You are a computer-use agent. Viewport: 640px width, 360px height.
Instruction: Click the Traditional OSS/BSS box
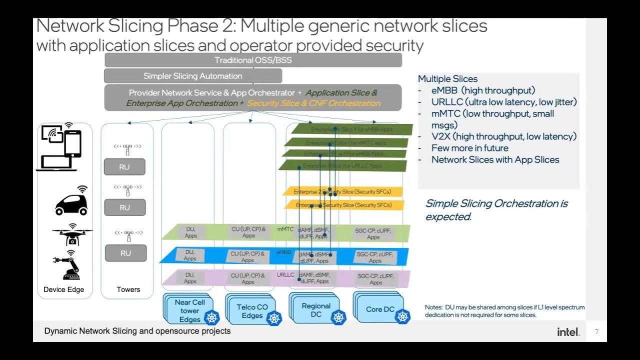253,60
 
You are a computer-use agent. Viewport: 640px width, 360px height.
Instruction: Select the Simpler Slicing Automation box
193,76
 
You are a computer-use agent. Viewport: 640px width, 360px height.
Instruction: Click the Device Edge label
64,289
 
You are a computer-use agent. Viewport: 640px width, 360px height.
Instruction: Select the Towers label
128,289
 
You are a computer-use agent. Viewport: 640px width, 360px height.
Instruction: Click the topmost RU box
124,167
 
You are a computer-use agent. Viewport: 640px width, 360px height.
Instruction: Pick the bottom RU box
125,253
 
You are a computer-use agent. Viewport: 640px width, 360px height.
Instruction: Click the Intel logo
568,332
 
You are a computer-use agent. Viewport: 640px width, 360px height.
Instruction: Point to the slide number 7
596,331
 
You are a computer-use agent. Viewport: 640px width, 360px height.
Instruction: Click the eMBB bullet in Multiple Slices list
483,90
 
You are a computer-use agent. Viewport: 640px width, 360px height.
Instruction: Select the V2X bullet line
503,136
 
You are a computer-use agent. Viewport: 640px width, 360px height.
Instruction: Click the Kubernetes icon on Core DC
402,316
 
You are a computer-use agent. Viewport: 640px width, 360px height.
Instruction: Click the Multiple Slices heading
447,79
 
